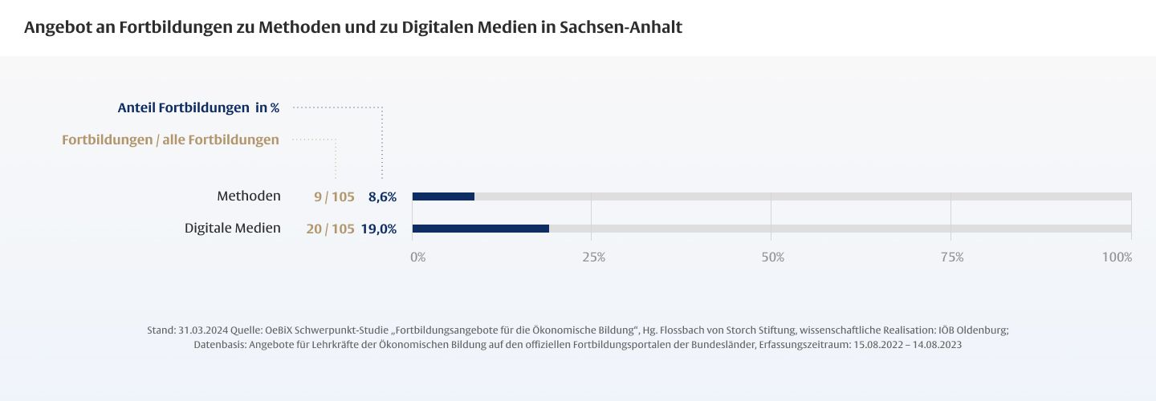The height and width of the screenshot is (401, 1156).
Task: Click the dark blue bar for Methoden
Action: pos(443,196)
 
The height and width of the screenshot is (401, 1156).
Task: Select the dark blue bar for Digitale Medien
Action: pos(481,229)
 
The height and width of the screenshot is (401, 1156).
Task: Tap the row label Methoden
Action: pos(249,196)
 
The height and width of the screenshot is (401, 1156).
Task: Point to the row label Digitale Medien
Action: pos(233,229)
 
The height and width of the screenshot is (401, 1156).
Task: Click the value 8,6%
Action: pos(382,196)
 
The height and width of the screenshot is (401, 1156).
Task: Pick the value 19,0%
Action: pos(379,229)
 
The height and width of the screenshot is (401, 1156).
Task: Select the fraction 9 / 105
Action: pos(334,196)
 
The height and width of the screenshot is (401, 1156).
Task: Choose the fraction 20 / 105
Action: pos(330,229)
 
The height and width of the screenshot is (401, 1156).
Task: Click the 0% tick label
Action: pos(418,257)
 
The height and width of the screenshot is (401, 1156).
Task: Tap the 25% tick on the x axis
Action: pos(593,257)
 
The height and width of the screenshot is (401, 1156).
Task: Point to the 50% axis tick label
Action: pos(773,257)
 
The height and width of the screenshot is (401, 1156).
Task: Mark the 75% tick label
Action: pos(952,257)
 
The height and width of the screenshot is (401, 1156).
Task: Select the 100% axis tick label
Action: pos(1117,257)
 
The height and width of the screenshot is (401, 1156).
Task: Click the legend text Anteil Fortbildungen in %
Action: pos(198,107)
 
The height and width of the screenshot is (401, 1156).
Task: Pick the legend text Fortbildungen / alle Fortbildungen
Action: pos(170,140)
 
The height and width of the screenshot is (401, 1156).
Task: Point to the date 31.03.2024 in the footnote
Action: pos(203,330)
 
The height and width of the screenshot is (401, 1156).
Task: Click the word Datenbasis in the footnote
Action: pos(220,345)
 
